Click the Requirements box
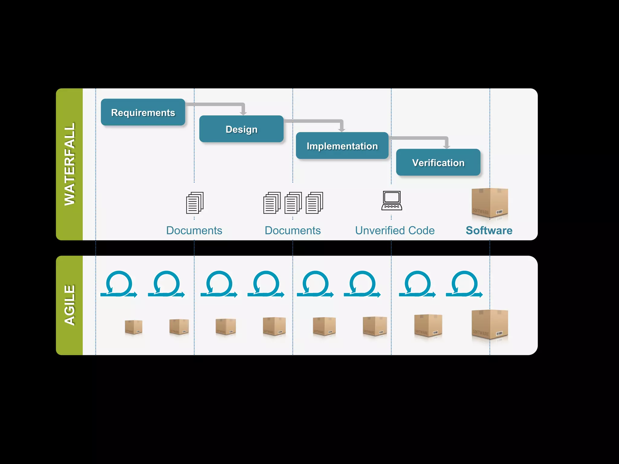(143, 112)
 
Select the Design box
(241, 129)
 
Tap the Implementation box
(342, 146)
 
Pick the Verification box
(438, 163)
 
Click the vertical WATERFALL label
(70, 164)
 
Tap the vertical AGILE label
(70, 305)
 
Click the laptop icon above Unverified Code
(392, 201)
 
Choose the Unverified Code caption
(395, 230)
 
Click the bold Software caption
(489, 230)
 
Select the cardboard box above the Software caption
(490, 202)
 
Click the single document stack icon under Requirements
(195, 203)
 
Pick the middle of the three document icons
(293, 203)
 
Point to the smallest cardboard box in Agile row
(133, 327)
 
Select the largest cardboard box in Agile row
(490, 325)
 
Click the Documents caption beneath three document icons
(293, 230)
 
